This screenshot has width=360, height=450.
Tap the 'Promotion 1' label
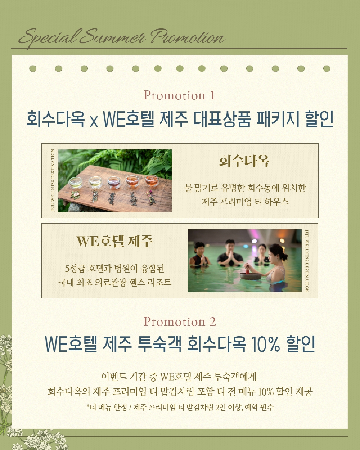coord(180,95)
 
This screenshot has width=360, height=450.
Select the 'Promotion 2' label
coord(180,321)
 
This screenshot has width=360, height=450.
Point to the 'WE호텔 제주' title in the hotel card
coord(114,241)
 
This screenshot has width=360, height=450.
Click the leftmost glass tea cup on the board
coord(75,183)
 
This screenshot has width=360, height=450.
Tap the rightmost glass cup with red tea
coord(152,181)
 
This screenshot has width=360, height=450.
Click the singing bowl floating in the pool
coord(251,276)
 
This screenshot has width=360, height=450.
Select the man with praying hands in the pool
coord(230,254)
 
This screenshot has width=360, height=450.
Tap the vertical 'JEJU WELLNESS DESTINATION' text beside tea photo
coord(53,180)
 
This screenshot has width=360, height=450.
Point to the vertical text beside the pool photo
coord(307,261)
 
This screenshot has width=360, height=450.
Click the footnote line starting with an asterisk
coord(180,407)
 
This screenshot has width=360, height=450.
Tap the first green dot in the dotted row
coord(33,69)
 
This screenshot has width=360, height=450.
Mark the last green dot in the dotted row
coord(327,69)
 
